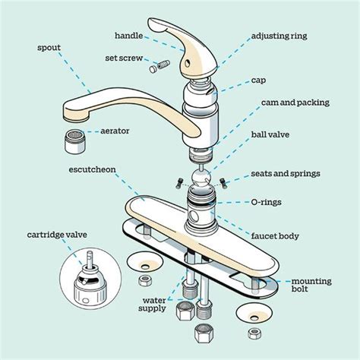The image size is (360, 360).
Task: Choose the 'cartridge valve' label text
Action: (50, 233)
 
